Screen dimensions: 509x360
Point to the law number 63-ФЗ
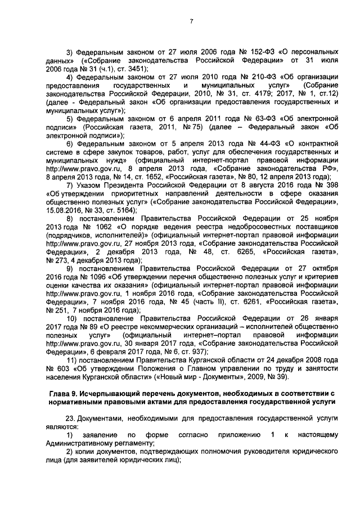(x=255, y=119)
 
